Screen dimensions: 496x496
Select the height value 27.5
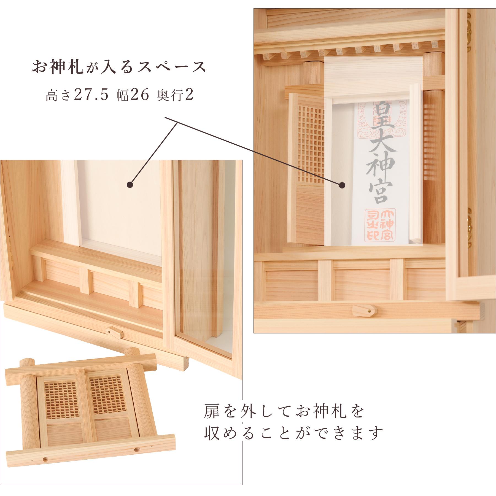coord(90,96)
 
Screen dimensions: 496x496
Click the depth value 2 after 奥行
coord(189,96)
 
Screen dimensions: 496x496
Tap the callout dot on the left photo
coord(130,185)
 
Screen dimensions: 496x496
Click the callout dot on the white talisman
coord(342,185)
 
